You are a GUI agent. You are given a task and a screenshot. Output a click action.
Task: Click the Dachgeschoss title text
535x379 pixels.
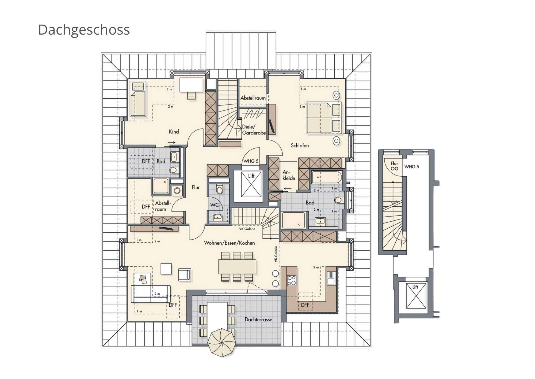(x=84, y=29)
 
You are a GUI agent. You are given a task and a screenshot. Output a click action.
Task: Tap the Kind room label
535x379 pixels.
(x=174, y=132)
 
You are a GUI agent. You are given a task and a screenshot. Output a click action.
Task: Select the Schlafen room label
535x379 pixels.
(x=300, y=145)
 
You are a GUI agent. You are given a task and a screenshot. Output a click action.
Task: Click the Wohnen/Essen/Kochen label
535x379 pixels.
(x=229, y=243)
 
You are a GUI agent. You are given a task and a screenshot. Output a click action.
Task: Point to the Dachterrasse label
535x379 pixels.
(x=258, y=319)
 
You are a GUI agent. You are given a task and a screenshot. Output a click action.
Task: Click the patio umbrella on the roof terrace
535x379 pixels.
(x=223, y=343)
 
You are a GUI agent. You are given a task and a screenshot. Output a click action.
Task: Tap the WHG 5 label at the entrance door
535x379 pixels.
(x=251, y=161)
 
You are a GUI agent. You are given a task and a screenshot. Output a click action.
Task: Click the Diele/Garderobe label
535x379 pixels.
(x=254, y=130)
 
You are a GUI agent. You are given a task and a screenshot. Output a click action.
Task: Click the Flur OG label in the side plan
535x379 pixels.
(x=394, y=166)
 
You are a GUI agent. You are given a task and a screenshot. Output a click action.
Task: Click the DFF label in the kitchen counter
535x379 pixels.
(x=305, y=305)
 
